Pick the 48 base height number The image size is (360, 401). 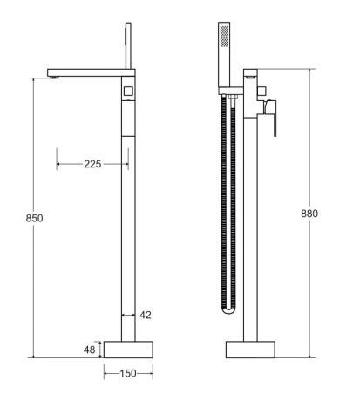click(x=87, y=349)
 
